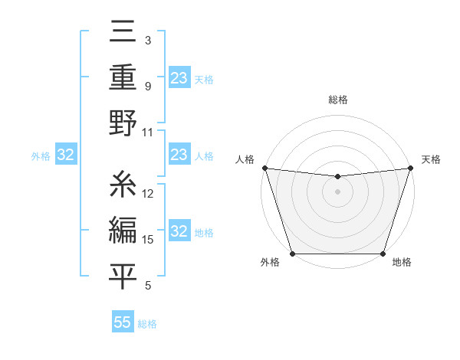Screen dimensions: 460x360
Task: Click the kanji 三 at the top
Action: click(123, 34)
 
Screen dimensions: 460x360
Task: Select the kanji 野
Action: click(123, 123)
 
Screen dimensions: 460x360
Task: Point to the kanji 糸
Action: click(123, 184)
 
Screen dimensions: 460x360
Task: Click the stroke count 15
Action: click(149, 240)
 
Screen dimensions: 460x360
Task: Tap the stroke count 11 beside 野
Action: click(148, 132)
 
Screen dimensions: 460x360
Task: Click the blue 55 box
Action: click(123, 322)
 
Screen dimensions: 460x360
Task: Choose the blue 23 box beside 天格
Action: click(179, 78)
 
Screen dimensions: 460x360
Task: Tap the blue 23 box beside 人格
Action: click(179, 155)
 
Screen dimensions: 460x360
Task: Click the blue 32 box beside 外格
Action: click(66, 155)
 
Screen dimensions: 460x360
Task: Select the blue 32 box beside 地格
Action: click(179, 231)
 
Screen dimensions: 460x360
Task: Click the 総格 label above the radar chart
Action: click(337, 100)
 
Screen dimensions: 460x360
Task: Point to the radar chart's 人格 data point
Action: click(264, 168)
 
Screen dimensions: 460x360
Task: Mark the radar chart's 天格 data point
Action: click(410, 168)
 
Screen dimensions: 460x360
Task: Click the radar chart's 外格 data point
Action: click(292, 254)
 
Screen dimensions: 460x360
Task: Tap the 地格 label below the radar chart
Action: click(402, 263)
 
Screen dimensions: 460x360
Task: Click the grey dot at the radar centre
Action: click(337, 191)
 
